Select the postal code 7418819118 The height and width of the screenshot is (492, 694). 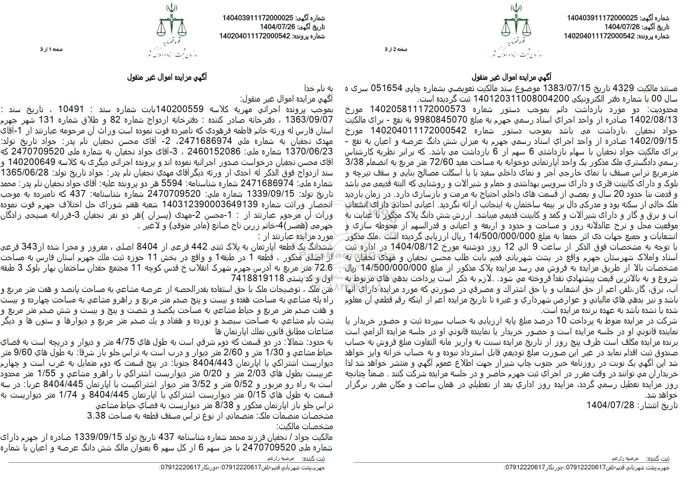tap(258, 278)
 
